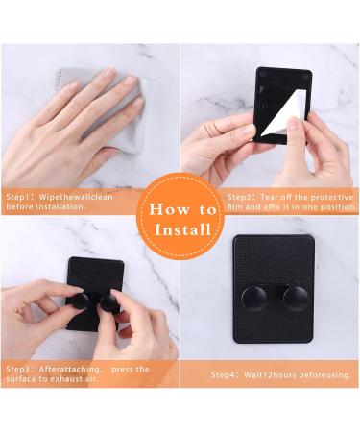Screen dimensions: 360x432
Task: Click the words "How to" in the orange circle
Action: click(x=182, y=209)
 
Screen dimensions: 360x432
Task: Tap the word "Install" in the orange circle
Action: click(x=183, y=229)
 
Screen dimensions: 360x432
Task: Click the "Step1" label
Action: click(x=19, y=197)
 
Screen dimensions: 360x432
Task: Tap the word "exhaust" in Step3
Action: click(x=63, y=379)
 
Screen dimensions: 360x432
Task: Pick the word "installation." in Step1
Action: click(x=60, y=206)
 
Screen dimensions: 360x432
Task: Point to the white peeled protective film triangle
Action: click(x=283, y=114)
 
